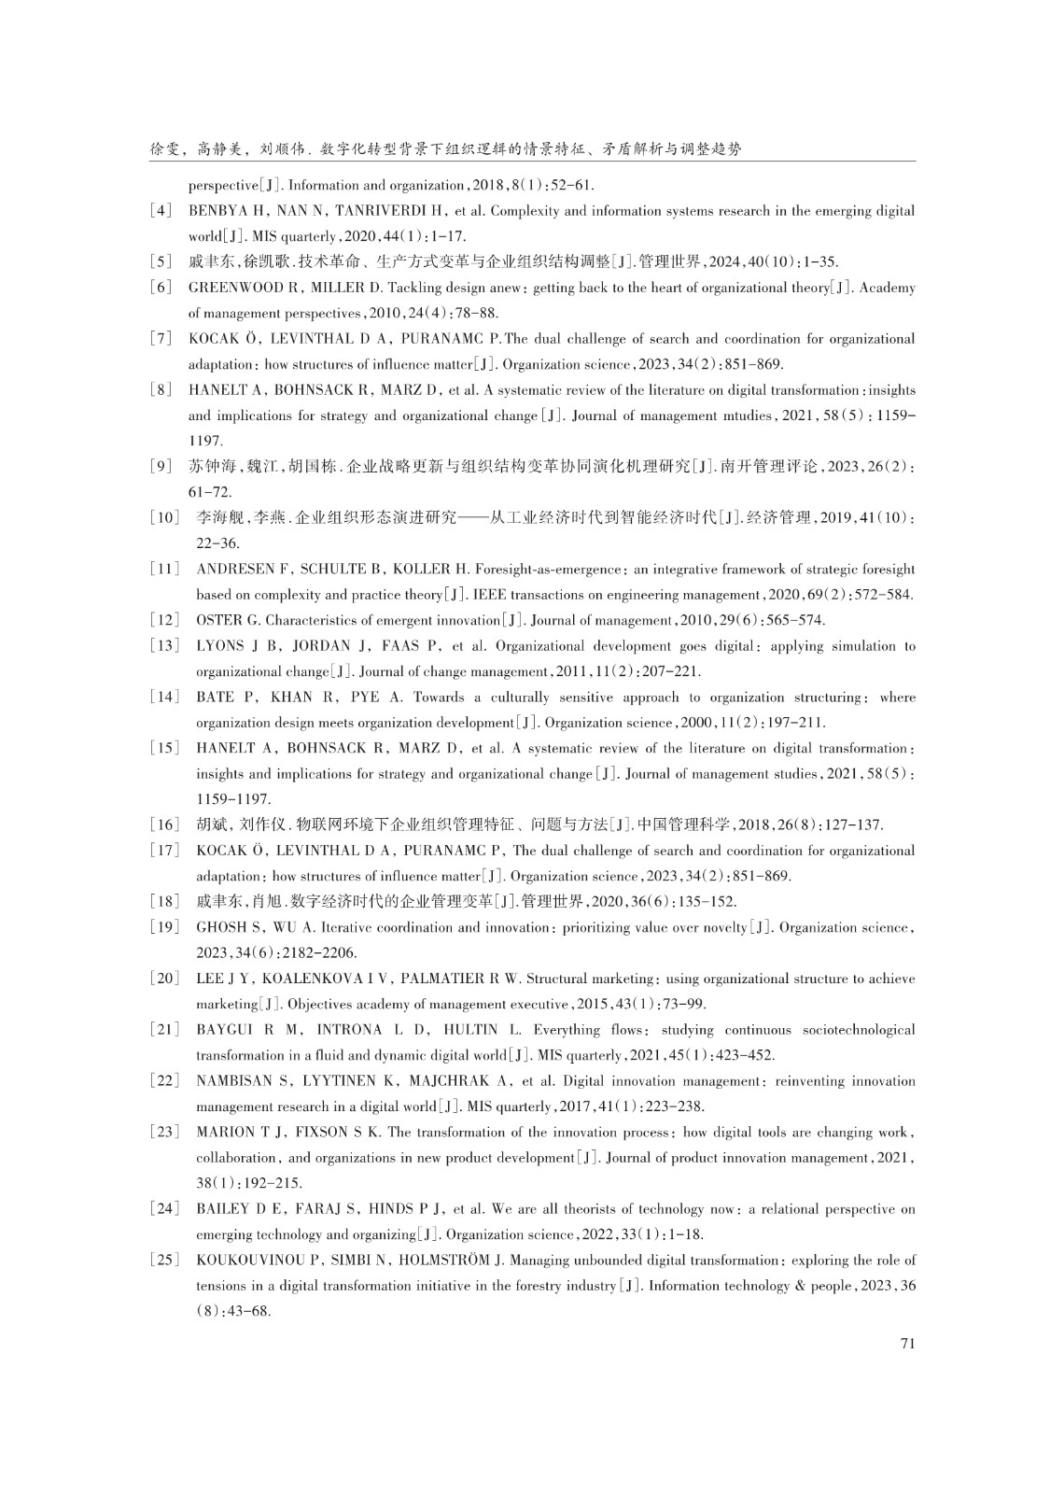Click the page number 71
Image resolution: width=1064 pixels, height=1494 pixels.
907,1343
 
